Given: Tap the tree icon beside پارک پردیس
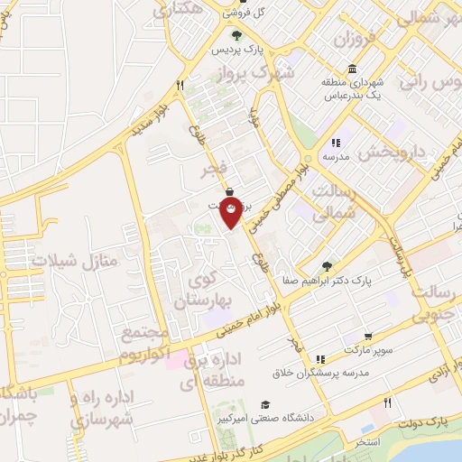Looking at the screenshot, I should [x=236, y=36].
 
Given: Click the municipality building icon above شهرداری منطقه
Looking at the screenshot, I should [x=351, y=69].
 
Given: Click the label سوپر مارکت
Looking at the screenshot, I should [x=367, y=346].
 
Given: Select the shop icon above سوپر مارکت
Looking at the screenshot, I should [x=367, y=335].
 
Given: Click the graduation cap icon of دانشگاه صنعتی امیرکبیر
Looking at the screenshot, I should [x=265, y=404].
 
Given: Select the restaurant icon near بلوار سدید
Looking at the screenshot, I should [x=180, y=86].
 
